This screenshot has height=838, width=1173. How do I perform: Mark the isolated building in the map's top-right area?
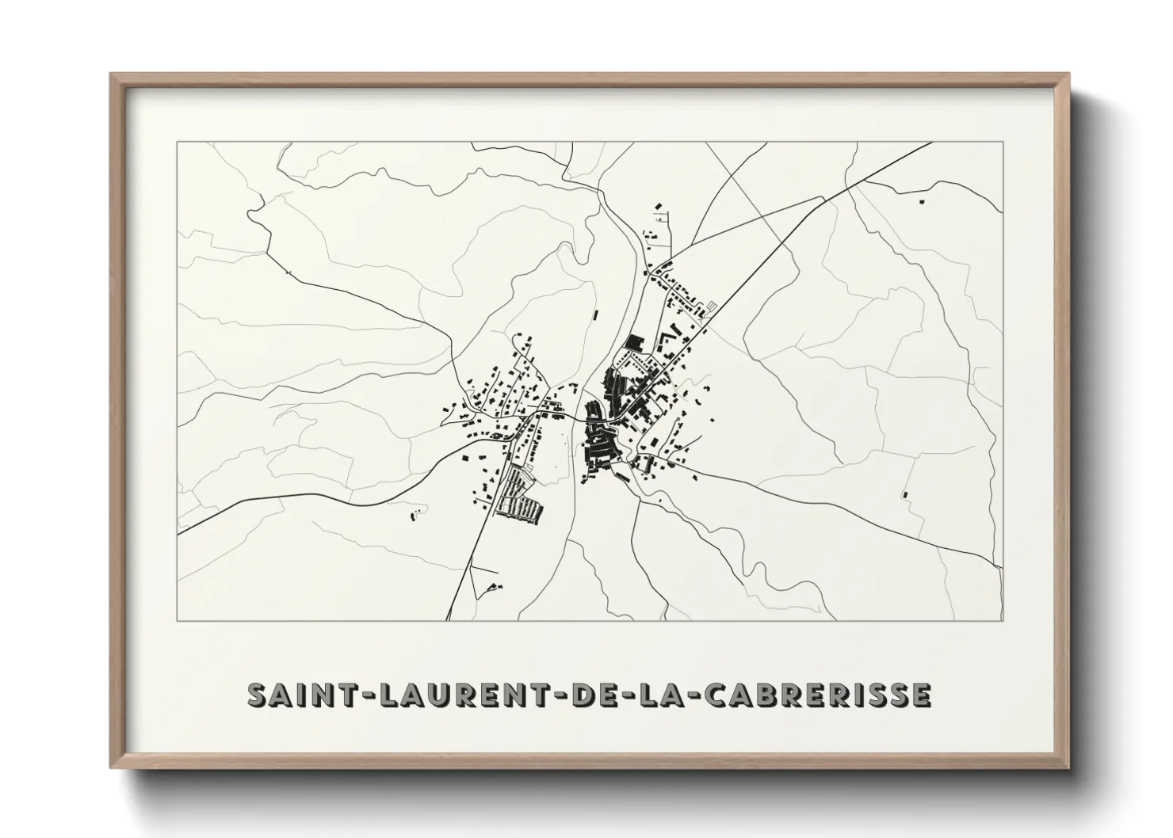[921, 202]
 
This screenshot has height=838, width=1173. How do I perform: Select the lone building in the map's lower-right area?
[904, 495]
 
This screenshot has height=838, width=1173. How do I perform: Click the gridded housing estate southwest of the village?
[519, 495]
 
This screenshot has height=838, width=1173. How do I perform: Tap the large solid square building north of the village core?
[634, 342]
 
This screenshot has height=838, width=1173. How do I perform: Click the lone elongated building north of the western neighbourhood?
[594, 315]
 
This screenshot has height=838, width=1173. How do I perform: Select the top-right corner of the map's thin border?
[1003, 142]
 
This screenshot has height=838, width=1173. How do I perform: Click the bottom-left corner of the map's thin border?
[178, 620]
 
